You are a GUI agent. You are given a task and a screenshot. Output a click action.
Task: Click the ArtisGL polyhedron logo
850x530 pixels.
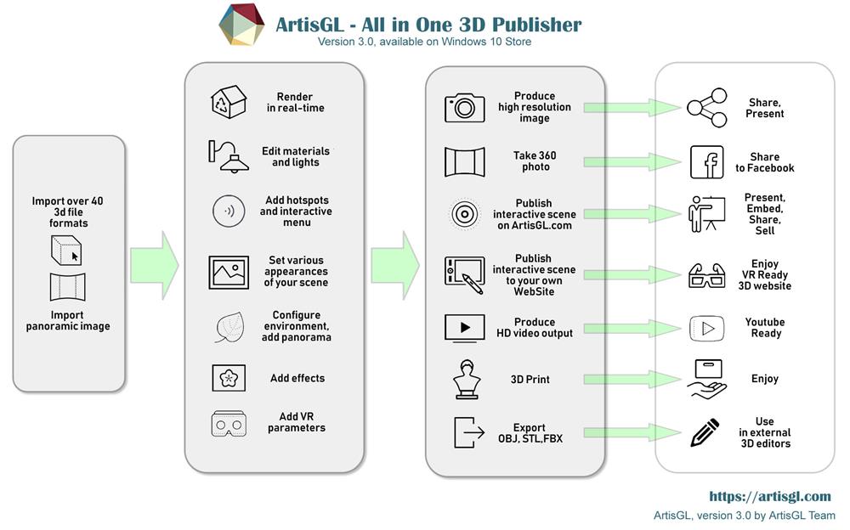[241, 25]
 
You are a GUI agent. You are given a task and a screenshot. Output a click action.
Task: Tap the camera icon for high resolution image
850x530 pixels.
[465, 107]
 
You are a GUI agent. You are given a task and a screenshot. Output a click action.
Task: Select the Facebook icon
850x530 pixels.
[707, 162]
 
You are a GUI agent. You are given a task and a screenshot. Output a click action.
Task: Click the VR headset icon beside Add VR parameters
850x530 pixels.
[229, 423]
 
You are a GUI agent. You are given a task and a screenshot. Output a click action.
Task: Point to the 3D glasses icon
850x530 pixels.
[707, 275]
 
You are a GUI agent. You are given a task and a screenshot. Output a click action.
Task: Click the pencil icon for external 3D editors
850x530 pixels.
[705, 432]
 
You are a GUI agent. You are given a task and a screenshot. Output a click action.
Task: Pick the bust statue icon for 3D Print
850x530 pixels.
[466, 380]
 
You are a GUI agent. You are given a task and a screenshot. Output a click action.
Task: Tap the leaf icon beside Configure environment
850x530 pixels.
[229, 327]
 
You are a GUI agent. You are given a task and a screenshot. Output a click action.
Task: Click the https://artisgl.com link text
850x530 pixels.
[770, 496]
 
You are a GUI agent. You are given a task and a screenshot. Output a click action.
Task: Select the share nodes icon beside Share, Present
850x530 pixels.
[707, 108]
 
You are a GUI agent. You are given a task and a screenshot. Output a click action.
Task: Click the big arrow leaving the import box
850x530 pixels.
[155, 265]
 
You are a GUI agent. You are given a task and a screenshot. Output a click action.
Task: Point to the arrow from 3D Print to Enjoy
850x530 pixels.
[632, 380]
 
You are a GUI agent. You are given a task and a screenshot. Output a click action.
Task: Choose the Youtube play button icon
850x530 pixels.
[707, 329]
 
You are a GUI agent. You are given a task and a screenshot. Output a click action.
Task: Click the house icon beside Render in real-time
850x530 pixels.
[229, 101]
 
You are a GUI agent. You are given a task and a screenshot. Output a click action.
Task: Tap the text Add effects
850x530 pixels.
[297, 378]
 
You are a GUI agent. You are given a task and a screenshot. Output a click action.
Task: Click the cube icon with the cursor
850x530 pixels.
[66, 251]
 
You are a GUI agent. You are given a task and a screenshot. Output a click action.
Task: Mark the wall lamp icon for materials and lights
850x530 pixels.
[228, 156]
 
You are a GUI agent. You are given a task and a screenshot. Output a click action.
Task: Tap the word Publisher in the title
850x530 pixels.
[536, 25]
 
